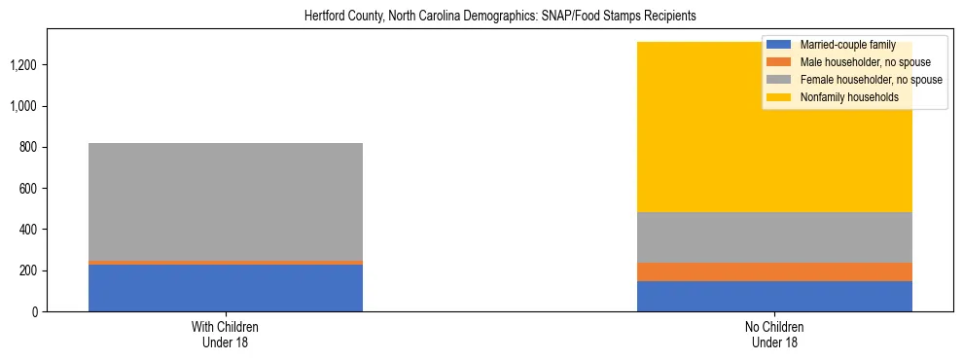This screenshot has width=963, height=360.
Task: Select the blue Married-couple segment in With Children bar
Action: [x=226, y=288]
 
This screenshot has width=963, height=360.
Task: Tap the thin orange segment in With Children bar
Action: [x=226, y=263]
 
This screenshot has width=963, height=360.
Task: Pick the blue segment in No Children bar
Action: [x=774, y=296]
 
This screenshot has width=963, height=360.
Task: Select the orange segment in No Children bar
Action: [x=774, y=271]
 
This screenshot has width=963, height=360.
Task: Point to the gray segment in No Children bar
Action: [x=774, y=237]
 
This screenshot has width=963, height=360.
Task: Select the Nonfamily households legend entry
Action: [x=842, y=97]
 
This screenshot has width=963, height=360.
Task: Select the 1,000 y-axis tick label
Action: [x=26, y=106]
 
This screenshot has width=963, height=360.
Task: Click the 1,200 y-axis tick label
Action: [x=26, y=65]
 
